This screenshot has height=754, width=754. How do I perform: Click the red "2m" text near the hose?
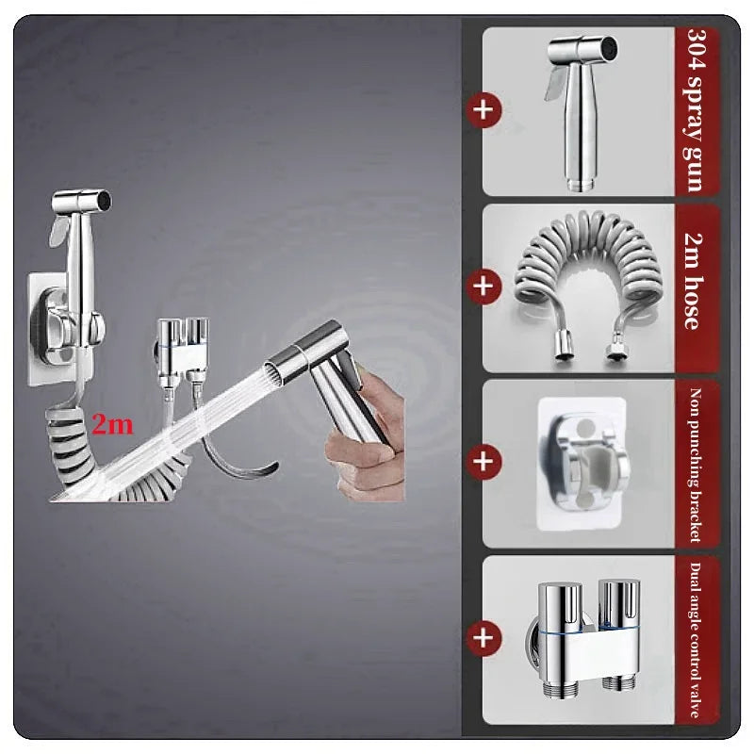pos(112,425)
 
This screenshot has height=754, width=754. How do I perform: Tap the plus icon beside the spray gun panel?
pos(484,110)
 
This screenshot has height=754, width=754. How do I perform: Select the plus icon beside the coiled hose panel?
pos(484,287)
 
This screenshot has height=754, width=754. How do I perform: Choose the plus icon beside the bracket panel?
pos(484,462)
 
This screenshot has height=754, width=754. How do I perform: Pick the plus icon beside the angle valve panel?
pos(484,639)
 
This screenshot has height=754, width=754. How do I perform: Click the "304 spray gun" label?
pos(696,110)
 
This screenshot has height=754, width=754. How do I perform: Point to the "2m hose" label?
pos(695,281)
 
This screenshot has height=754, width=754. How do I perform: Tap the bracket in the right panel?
pos(582,464)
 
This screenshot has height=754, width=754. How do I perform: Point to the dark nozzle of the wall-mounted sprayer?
pos(105,200)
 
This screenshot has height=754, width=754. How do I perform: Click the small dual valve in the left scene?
pos(182,350)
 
